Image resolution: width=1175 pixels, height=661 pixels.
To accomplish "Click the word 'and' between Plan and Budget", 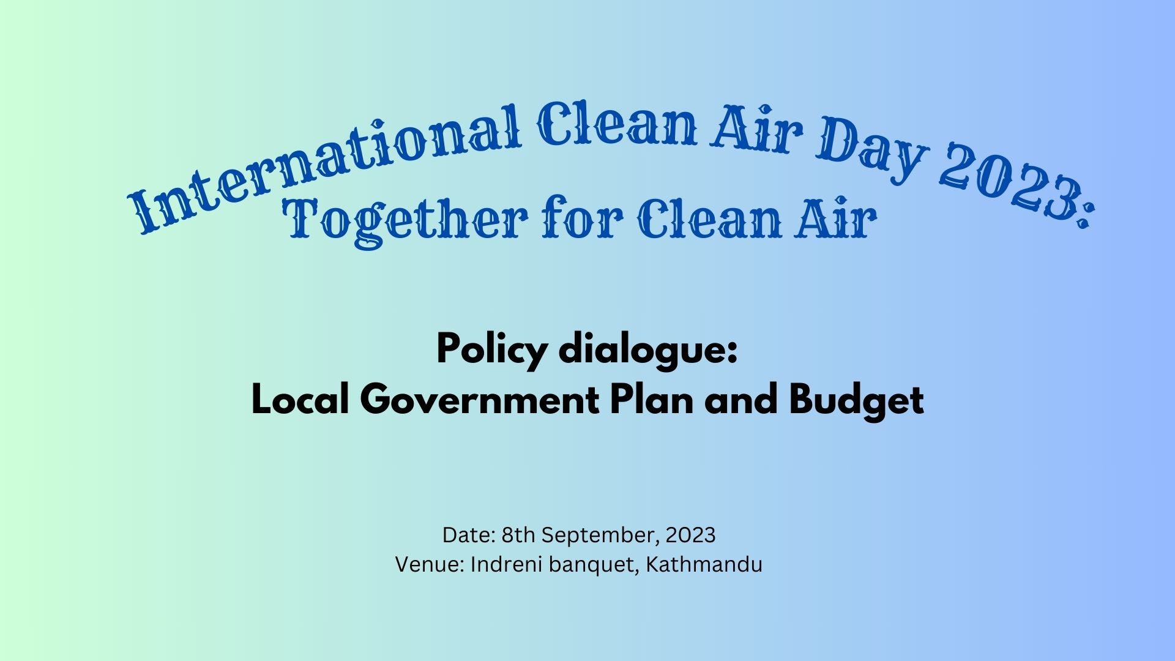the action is (742, 400).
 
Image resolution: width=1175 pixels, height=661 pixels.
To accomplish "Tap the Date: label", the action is (469, 535).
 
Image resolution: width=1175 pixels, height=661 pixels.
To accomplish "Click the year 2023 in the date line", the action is (690, 535).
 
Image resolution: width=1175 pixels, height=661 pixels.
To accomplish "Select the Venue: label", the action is (430, 564).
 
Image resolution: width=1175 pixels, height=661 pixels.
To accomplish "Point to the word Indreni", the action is (507, 564).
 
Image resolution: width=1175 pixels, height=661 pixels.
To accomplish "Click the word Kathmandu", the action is (704, 564).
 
